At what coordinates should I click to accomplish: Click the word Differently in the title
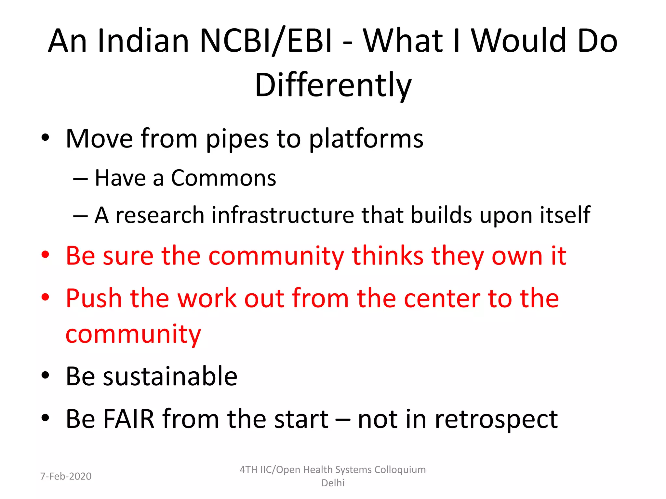pyautogui.click(x=333, y=85)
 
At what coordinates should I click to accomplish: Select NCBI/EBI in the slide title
pyautogui.click(x=266, y=41)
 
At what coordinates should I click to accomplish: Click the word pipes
pyautogui.click(x=237, y=139)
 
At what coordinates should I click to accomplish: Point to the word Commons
pyautogui.click(x=223, y=178)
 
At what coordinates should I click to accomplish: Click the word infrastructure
pyautogui.click(x=283, y=215)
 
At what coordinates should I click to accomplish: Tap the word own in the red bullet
pyautogui.click(x=517, y=256)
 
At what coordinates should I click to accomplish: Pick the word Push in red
pyautogui.click(x=94, y=298)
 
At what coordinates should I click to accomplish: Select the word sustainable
pyautogui.click(x=170, y=376)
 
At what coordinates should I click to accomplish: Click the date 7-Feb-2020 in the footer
pyautogui.click(x=66, y=476)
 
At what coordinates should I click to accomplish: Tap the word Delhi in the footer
pyautogui.click(x=333, y=483)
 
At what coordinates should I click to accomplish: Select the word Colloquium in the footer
pyautogui.click(x=400, y=470)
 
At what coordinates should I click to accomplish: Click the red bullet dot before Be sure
pyautogui.click(x=45, y=255)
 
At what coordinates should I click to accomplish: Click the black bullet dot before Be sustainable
pyautogui.click(x=45, y=376)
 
